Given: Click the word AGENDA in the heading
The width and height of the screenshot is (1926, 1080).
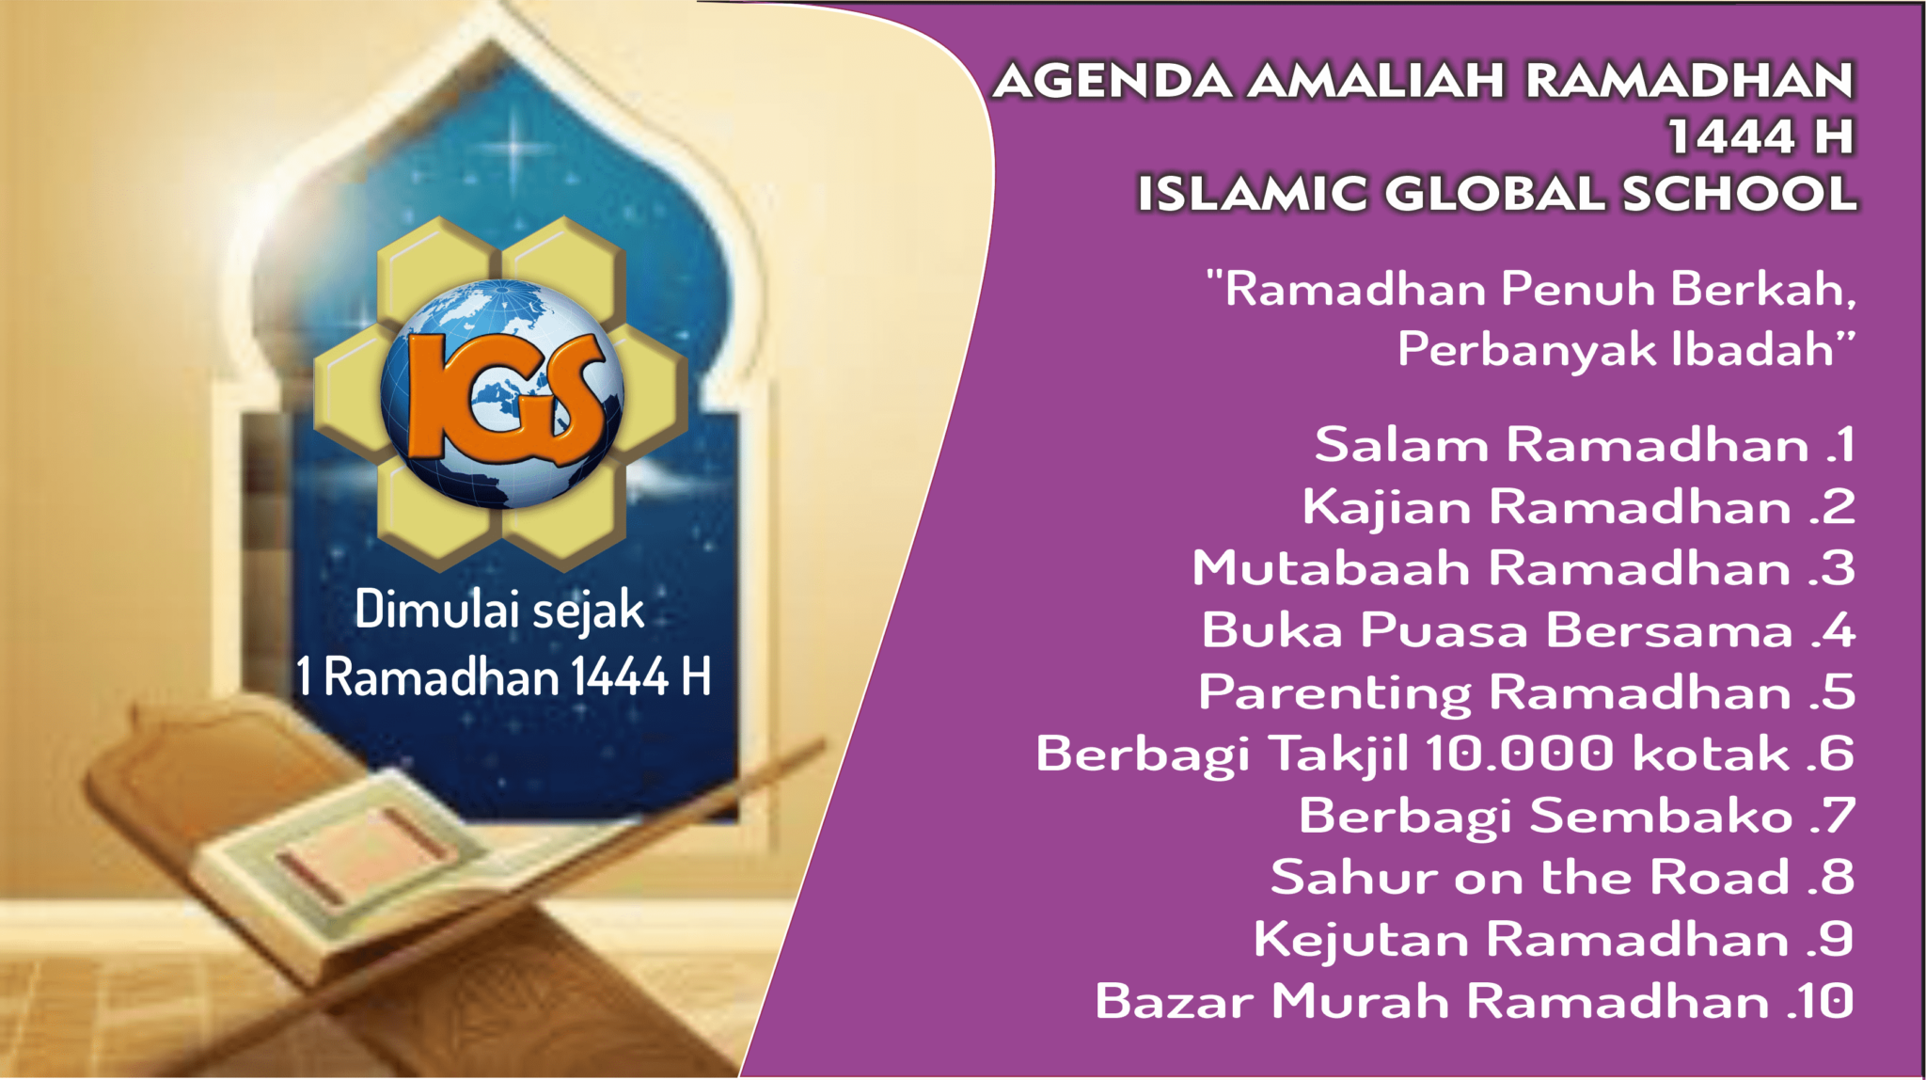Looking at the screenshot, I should tap(1113, 81).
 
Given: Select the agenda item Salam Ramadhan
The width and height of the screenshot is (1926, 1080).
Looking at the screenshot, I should tap(1561, 444).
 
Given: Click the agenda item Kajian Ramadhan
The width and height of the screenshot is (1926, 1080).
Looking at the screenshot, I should tap(1546, 507).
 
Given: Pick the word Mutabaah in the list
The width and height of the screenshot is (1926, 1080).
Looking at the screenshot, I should tap(1331, 568).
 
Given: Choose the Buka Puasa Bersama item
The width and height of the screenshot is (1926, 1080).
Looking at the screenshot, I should tap(1497, 630).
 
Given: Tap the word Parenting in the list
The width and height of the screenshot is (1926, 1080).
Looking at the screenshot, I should tap(1334, 693).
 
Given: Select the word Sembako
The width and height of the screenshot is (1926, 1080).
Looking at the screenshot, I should tap(1661, 816).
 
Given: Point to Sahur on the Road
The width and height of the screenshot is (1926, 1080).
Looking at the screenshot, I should tap(1530, 877).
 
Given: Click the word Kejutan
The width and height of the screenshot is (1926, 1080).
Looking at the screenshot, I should tap(1361, 940).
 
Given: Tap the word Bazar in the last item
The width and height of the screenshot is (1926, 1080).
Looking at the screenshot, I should tap(1175, 1001).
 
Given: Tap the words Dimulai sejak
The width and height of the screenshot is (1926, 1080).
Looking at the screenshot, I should tap(499, 610).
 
